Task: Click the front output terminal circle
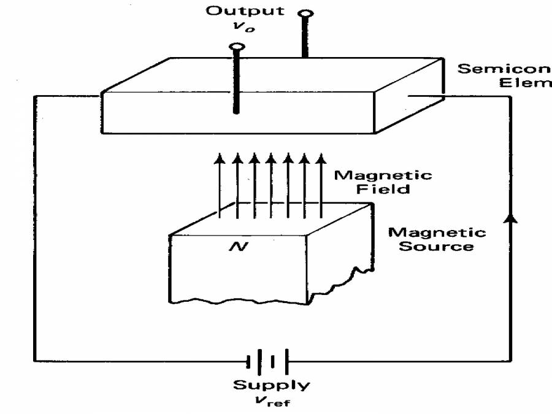point(236,47)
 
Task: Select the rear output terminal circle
point(304,13)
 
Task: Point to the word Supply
point(271,385)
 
